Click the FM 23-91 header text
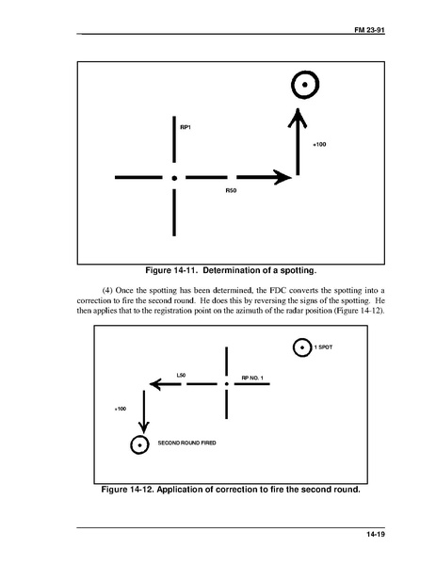point(369,30)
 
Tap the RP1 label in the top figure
point(186,127)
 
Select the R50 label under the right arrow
point(231,190)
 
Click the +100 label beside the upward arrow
point(319,144)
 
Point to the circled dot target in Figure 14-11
point(305,85)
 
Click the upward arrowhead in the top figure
point(298,118)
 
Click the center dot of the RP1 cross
point(174,178)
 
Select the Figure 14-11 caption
point(231,270)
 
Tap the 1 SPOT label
point(323,347)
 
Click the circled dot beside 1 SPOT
point(302,347)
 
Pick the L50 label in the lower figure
point(181,375)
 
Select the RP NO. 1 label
point(252,378)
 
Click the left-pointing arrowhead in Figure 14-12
point(155,384)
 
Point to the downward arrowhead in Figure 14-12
point(144,427)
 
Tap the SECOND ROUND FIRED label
point(187,443)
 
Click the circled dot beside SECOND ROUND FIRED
point(139,445)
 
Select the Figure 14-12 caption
point(231,490)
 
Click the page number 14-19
point(376,534)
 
